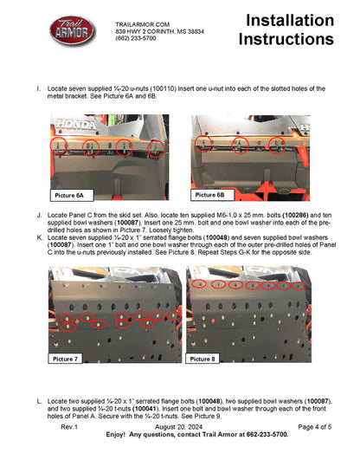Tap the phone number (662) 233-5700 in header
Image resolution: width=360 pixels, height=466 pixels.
click(136, 39)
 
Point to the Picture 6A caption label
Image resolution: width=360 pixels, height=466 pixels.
click(70, 195)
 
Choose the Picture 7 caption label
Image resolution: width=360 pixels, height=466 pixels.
click(66, 358)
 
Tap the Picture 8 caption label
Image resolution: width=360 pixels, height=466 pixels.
click(203, 358)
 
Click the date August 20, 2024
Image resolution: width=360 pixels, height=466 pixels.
click(180, 427)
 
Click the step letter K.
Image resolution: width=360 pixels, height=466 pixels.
click(39, 236)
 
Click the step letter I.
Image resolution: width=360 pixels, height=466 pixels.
click(39, 88)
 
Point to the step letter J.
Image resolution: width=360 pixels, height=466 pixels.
click(39, 213)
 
